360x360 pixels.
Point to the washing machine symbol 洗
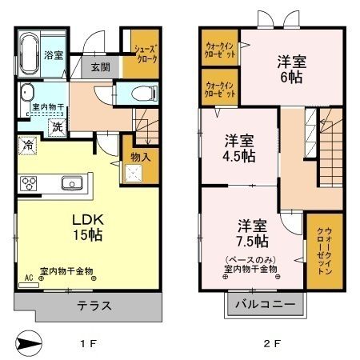click(58, 126)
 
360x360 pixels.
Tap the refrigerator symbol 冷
click(27, 147)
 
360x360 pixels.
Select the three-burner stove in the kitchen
click(29, 183)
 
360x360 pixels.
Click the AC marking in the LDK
click(30, 278)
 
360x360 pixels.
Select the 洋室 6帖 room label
click(292, 69)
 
